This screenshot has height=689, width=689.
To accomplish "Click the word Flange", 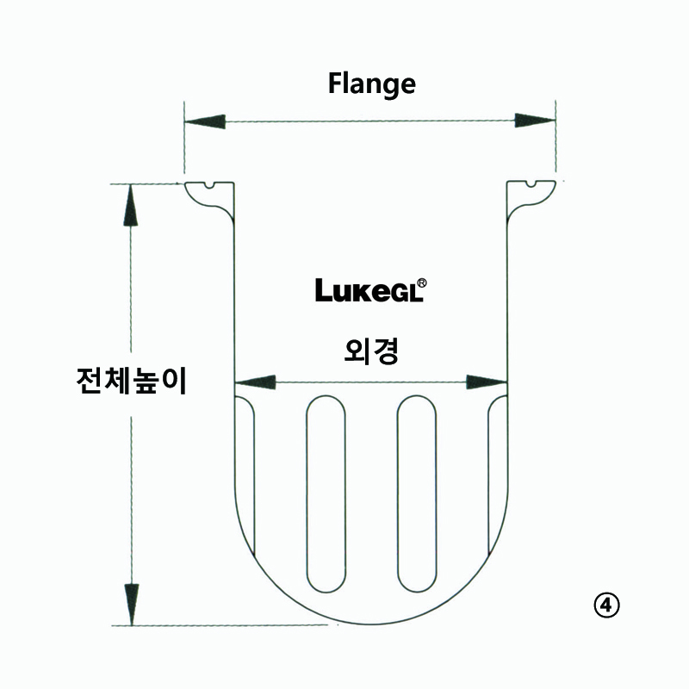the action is point(372,84).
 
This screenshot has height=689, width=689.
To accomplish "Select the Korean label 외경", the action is point(371,351).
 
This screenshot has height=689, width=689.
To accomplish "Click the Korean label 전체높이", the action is point(132,381).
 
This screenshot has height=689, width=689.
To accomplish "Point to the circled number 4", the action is point(606,606).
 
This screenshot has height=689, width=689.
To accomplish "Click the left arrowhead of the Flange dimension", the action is point(205,121).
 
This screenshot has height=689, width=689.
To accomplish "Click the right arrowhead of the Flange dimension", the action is point(535,121).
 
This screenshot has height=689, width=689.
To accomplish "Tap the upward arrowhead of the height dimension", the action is point(131,205).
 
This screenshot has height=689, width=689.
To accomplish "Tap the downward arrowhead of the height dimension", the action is point(132,605).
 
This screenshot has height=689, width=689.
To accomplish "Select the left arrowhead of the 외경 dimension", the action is point(255,382).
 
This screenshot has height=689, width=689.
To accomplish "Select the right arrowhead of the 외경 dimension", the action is point(487,382).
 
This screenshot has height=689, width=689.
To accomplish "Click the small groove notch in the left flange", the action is point(210,185).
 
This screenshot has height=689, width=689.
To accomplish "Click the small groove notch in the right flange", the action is point(531,183).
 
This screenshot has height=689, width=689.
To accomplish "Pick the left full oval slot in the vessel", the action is point(326,493).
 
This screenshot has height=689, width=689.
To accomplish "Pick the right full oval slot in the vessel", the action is point(417,493).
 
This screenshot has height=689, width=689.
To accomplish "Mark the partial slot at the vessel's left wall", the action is point(245,475).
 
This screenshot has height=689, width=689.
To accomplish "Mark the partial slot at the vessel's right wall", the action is point(498,475).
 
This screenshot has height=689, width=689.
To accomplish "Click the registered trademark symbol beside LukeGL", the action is point(421,283).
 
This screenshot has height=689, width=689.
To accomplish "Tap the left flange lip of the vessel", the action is point(209,197).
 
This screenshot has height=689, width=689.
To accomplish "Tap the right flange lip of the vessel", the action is point(531,197).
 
